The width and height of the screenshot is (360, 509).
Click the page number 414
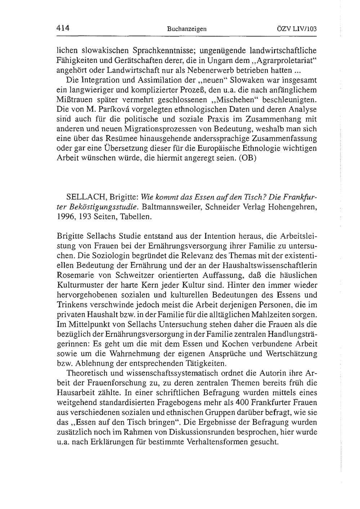(x=63, y=28)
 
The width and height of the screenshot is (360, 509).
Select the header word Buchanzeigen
(x=187, y=29)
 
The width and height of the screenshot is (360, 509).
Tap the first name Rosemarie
(x=75, y=275)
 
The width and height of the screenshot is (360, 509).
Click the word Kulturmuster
(x=79, y=285)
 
